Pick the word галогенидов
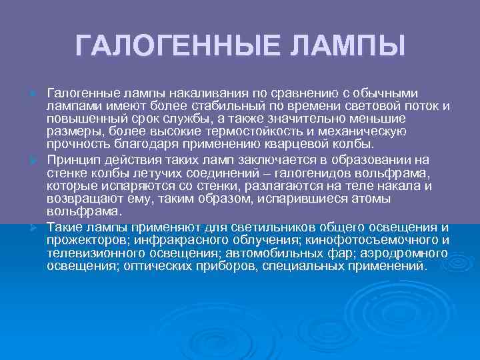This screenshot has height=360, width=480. pyautogui.click(x=335, y=173)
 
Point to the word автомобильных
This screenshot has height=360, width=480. pyautogui.click(x=275, y=253)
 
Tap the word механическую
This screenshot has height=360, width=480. pyautogui.click(x=375, y=131)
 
